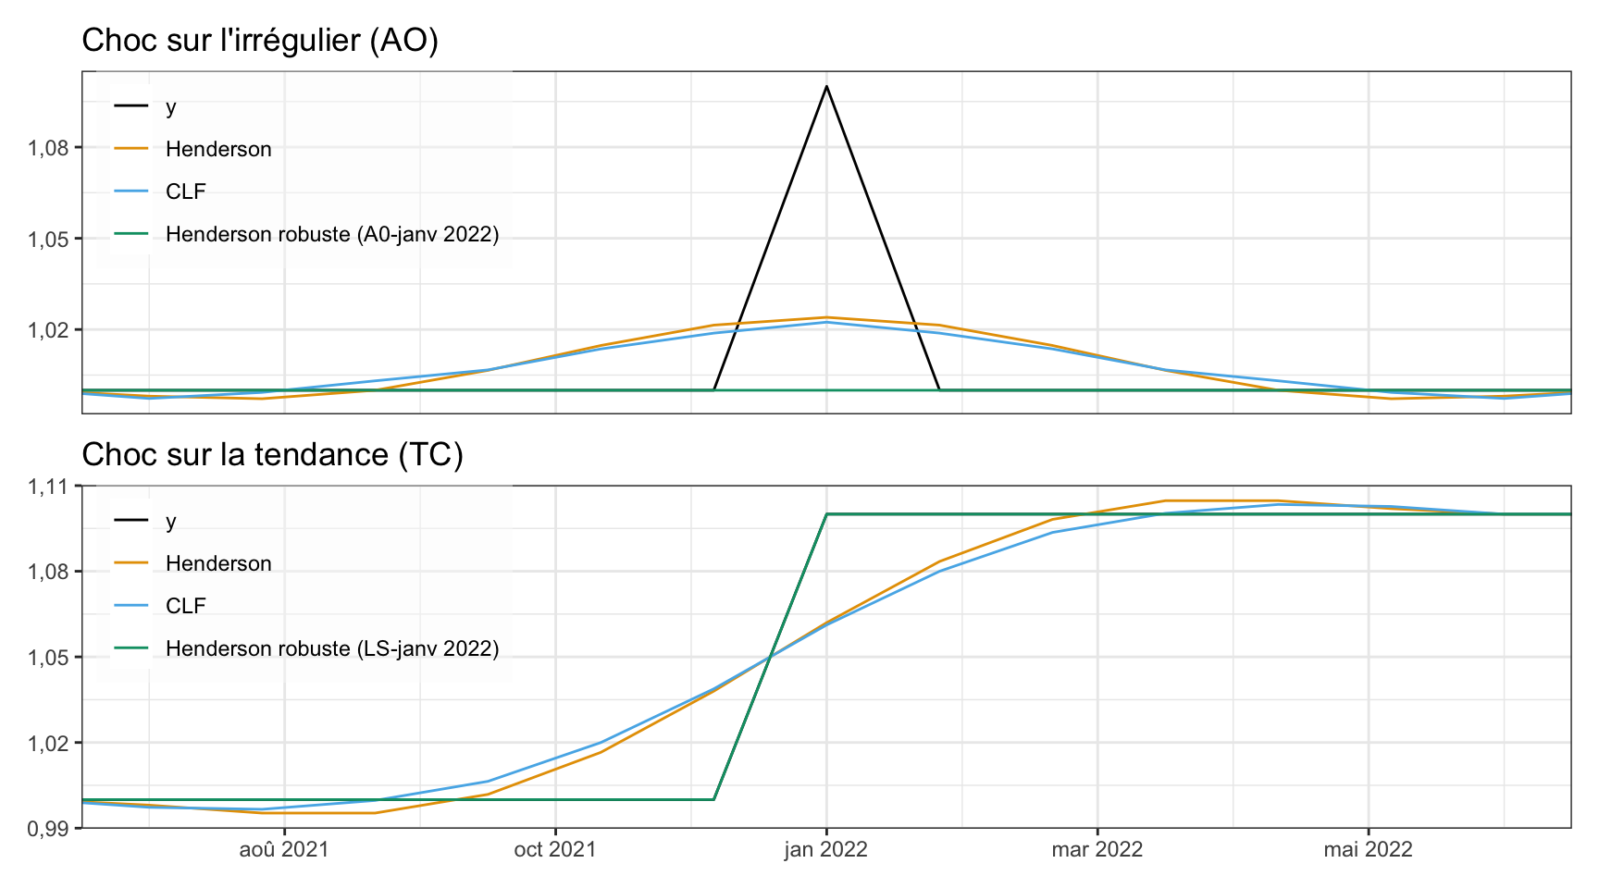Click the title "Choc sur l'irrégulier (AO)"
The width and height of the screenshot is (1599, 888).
pyautogui.click(x=260, y=41)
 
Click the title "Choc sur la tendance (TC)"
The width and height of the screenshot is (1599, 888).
pyautogui.click(x=272, y=455)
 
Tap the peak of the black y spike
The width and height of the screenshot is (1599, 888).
pyautogui.click(x=826, y=86)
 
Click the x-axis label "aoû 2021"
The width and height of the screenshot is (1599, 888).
pyautogui.click(x=284, y=849)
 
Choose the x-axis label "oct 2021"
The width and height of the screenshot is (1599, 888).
pyautogui.click(x=555, y=849)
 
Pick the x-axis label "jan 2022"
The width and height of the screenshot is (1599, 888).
pyautogui.click(x=826, y=849)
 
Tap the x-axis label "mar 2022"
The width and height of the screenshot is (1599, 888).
pyautogui.click(x=1097, y=849)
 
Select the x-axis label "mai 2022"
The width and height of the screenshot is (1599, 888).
pyautogui.click(x=1368, y=849)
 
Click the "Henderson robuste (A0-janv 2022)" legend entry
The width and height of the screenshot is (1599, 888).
pyautogui.click(x=332, y=234)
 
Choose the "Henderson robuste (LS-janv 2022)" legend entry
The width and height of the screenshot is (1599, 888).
pyautogui.click(x=332, y=648)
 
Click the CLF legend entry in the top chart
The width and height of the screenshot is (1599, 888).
pyautogui.click(x=185, y=191)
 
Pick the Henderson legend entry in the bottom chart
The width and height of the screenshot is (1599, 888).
pyautogui.click(x=218, y=563)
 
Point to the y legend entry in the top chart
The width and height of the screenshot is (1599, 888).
pyautogui.click(x=170, y=106)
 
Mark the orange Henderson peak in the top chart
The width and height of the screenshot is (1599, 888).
pyautogui.click(x=826, y=317)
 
